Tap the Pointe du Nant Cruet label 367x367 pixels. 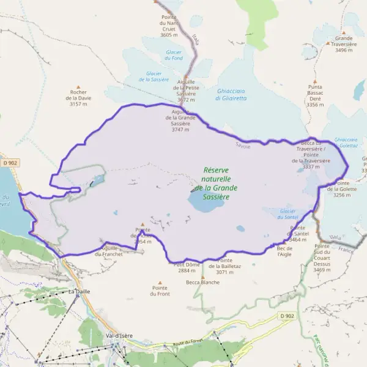pyautogui.click(x=169, y=26)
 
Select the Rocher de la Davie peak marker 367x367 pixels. pyautogui.click(x=78, y=87)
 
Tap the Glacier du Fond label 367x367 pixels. pyautogui.click(x=173, y=55)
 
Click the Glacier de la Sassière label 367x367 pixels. pyautogui.click(x=154, y=76)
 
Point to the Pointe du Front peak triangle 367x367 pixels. pyautogui.click(x=160, y=283)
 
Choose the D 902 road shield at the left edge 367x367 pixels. pyautogui.click(x=9, y=163)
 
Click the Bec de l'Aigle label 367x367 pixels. pyautogui.click(x=285, y=251)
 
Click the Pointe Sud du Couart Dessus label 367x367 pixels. pyautogui.click(x=322, y=258)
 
